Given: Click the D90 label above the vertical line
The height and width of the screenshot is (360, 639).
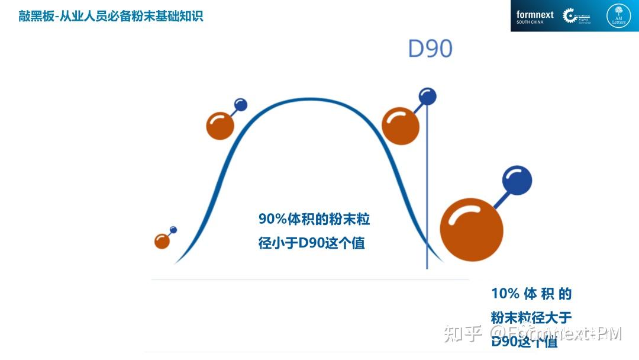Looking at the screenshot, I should click(x=430, y=49).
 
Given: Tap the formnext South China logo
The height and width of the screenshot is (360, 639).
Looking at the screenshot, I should click(x=534, y=17).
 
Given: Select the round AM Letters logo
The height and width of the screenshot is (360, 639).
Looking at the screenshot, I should click(x=618, y=16).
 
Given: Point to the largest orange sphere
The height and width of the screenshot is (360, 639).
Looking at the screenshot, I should click(x=472, y=230).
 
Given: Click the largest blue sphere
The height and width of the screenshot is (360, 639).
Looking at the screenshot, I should click(x=517, y=181).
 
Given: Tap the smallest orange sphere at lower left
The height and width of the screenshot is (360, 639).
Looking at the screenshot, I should click(x=162, y=241).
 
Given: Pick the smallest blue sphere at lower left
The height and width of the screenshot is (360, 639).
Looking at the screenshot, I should click(x=173, y=229).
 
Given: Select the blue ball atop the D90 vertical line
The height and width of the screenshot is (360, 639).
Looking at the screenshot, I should click(x=427, y=96).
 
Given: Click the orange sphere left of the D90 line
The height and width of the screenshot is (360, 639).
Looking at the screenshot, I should click(x=401, y=126).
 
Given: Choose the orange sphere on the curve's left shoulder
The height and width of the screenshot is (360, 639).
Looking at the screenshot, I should click(x=220, y=126).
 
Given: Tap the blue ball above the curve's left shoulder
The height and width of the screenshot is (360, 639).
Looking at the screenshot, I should click(x=241, y=105).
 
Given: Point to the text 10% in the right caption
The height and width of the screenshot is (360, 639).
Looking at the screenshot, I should click(x=505, y=294).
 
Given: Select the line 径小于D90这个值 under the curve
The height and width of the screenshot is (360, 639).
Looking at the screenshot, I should click(x=311, y=243).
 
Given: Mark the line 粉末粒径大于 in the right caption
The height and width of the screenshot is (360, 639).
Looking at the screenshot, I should click(x=531, y=318).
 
